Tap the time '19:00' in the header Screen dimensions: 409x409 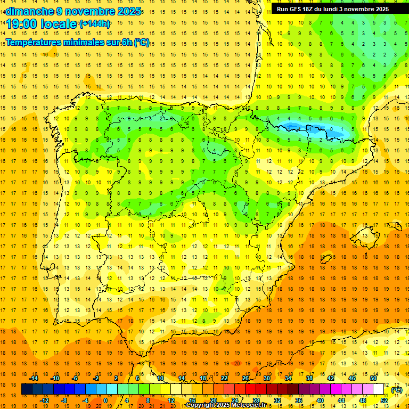coord(22,24)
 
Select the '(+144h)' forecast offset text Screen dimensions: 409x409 coord(94,23)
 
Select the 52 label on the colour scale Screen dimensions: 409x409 coord(384,400)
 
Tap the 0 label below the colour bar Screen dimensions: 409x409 coord(105,400)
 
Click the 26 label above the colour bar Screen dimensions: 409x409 coord(246,378)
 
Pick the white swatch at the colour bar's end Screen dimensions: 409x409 coord(379,389)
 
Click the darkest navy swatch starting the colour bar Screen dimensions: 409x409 coord(27,389)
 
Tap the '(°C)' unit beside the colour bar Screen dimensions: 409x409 coord(397,390)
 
